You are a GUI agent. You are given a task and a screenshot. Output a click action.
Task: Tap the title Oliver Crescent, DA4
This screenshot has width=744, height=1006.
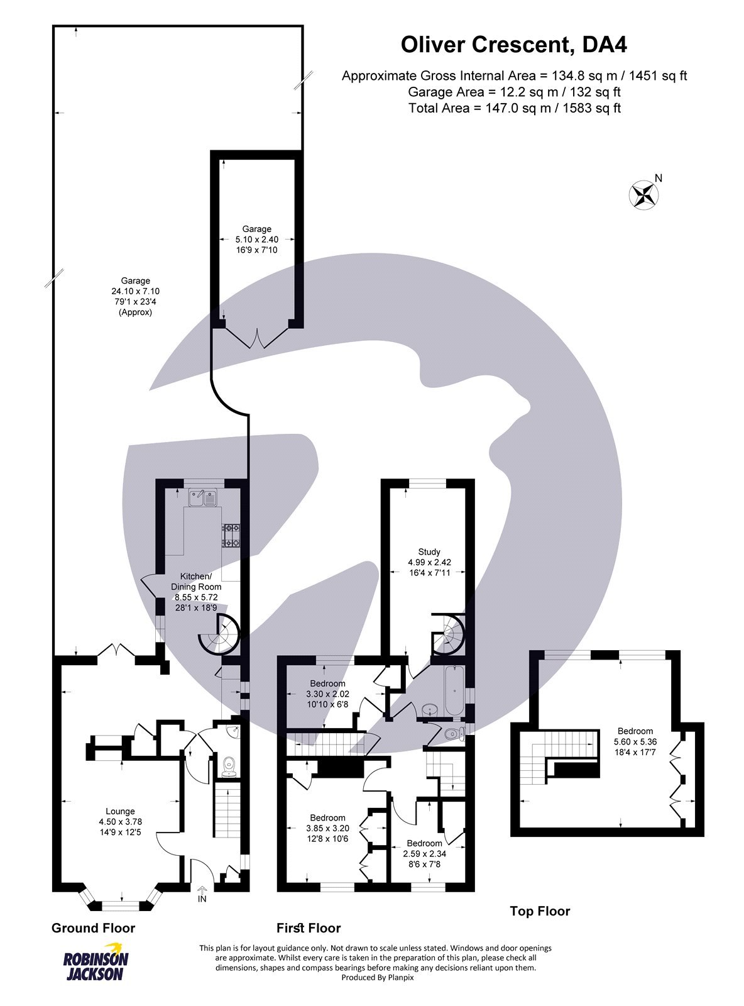(x=514, y=45)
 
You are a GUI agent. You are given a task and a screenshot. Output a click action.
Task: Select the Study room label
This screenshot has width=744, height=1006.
(x=429, y=562)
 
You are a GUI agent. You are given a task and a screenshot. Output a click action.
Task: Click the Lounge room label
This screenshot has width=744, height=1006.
(x=120, y=821)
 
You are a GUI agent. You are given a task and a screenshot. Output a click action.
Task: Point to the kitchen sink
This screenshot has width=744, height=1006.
(x=202, y=498)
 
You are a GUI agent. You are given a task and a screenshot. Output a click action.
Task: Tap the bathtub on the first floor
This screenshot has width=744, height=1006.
(x=453, y=691)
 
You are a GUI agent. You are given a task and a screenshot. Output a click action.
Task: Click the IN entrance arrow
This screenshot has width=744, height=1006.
(x=202, y=894)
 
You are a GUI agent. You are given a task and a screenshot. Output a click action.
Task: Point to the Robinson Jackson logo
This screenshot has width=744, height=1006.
(x=96, y=962)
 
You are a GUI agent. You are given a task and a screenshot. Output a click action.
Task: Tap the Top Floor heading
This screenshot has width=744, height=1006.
(x=540, y=911)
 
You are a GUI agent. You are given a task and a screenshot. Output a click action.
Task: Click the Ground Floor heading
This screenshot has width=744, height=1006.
(x=93, y=928)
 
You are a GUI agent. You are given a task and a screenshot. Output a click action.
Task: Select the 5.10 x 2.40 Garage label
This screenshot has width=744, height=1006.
(x=256, y=240)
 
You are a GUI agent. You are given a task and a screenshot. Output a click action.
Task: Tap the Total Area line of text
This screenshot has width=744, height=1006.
(x=514, y=108)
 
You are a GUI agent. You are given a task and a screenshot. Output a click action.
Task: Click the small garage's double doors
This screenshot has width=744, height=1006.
(x=256, y=340)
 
